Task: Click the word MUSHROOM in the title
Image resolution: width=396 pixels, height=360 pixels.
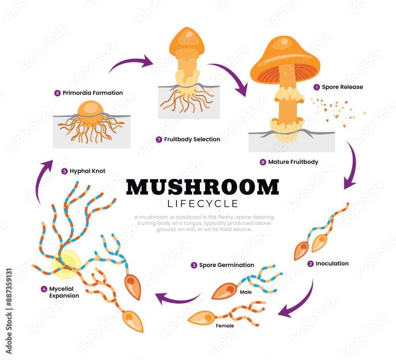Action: [x=202, y=187]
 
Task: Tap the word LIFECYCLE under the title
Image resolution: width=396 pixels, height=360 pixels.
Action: [x=203, y=204]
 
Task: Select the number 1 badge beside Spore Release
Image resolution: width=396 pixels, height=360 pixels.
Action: [x=316, y=87]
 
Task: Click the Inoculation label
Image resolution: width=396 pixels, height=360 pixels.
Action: [x=332, y=263]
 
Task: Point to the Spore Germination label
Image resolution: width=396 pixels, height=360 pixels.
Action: [x=227, y=265]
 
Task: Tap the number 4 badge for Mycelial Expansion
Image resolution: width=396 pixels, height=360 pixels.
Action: [x=44, y=289]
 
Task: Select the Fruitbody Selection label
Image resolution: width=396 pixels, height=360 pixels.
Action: [x=192, y=139]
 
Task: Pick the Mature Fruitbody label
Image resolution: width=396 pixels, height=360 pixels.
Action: [x=293, y=162]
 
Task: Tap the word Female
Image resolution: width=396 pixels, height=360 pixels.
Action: [x=225, y=326]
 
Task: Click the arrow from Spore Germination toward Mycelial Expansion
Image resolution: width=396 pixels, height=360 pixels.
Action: [x=177, y=298]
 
